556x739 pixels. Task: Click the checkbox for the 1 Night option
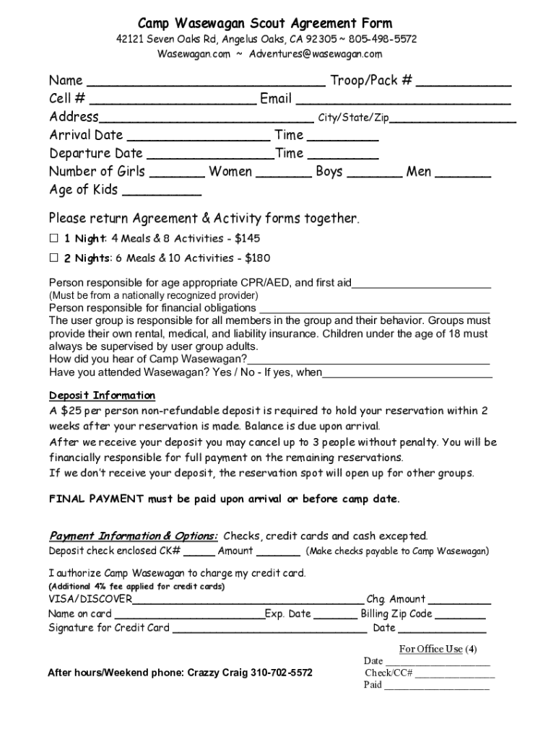(53, 238)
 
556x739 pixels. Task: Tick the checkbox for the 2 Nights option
(53, 258)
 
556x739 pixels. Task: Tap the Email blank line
(404, 100)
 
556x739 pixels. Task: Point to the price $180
(258, 258)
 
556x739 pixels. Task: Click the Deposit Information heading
(102, 395)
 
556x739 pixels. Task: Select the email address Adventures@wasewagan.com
(316, 54)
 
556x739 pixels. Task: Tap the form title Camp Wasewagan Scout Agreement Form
(265, 23)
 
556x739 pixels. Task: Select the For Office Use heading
(430, 649)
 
